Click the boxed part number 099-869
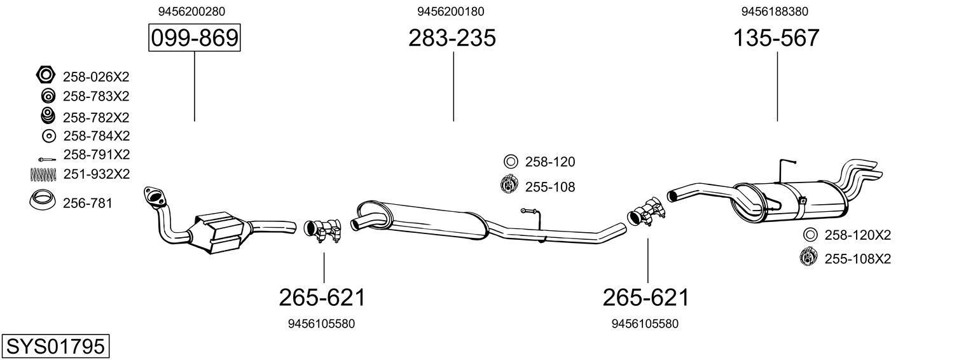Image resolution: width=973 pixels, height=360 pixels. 194,38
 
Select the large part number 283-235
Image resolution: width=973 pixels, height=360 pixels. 452,38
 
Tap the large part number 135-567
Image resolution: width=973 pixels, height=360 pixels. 776,38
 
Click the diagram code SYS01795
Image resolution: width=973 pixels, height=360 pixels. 55,347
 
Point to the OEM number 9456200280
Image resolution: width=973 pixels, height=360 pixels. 191,11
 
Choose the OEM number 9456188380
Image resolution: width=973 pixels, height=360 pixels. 775,11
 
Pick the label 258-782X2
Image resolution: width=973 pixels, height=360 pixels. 96,118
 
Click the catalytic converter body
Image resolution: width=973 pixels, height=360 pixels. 219,232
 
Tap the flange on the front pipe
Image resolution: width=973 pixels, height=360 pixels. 154,196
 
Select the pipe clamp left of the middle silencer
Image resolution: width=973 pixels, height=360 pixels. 324,230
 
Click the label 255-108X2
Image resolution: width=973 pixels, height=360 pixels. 857,259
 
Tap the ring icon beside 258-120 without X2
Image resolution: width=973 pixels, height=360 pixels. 511,162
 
